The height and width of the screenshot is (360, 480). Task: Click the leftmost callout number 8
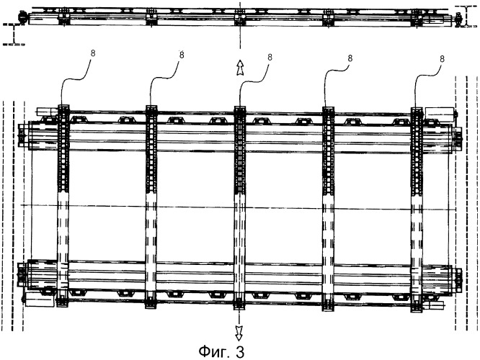click(93, 53)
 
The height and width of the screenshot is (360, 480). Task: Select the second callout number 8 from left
click(182, 55)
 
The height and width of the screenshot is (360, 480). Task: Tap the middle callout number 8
click(270, 58)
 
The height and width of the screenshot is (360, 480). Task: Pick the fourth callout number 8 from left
click(350, 58)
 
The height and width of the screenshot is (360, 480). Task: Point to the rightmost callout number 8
click(442, 59)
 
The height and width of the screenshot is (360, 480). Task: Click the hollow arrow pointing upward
click(240, 68)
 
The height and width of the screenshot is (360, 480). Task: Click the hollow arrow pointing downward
click(239, 333)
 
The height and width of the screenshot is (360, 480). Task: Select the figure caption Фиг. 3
click(222, 352)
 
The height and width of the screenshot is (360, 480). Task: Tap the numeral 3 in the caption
click(240, 352)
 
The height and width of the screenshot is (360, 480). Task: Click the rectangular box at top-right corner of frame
click(440, 113)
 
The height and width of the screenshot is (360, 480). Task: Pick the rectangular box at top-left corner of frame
click(48, 112)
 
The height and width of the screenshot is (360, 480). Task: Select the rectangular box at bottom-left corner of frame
click(40, 299)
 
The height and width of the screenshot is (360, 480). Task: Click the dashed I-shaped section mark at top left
click(14, 34)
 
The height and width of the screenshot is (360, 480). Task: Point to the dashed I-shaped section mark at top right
click(466, 17)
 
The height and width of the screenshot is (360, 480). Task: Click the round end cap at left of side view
click(23, 17)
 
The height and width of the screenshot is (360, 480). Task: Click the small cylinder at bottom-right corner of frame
click(433, 305)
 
